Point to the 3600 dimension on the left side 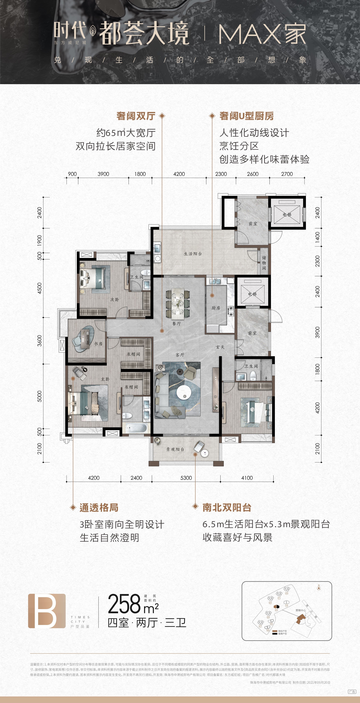point(40,341)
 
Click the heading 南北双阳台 point(227,508)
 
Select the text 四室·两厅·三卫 point(147,623)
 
